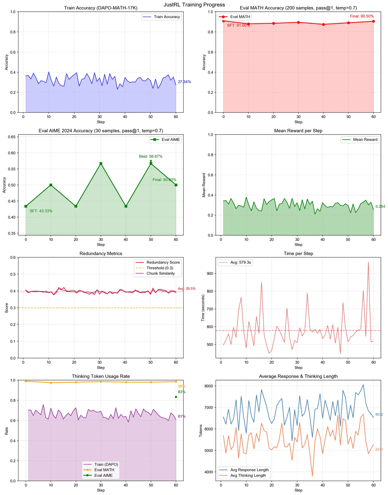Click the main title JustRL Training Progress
pyautogui.click(x=194, y=5)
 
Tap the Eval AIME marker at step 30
pyautogui.click(x=101, y=164)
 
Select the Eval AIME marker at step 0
pyautogui.click(x=26, y=206)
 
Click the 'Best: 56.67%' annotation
pyautogui.click(x=151, y=157)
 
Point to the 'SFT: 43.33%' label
pyautogui.click(x=41, y=211)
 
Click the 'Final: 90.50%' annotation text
pyautogui.click(x=362, y=16)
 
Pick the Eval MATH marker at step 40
pyautogui.click(x=323, y=24)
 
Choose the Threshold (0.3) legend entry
pyautogui.click(x=160, y=268)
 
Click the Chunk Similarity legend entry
pyautogui.click(x=160, y=273)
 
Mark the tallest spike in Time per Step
pyautogui.click(x=368, y=262)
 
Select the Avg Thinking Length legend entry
pyautogui.click(x=248, y=475)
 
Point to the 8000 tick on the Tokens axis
pyautogui.click(x=209, y=386)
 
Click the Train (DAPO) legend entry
pyautogui.click(x=106, y=464)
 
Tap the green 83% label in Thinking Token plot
pyautogui.click(x=182, y=392)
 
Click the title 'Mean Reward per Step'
pyautogui.click(x=298, y=131)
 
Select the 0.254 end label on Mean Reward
pyautogui.click(x=380, y=206)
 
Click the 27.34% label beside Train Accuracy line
pyautogui.click(x=184, y=82)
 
